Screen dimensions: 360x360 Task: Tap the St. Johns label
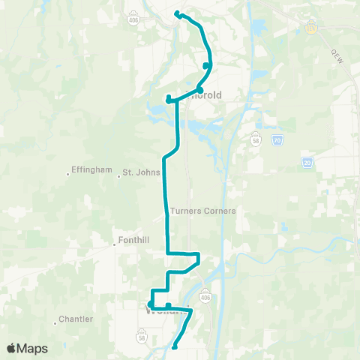[142, 173]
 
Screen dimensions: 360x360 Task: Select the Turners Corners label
[203, 211]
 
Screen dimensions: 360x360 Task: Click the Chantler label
[77, 319]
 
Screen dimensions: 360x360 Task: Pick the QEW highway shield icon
[310, 28]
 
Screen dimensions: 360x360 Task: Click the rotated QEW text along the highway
[336, 56]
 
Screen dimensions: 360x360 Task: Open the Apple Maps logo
[27, 349]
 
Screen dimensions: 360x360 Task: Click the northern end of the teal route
[177, 13]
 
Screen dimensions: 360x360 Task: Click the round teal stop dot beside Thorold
[200, 90]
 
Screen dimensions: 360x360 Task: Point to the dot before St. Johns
[119, 177]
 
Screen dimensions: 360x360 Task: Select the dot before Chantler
[55, 323]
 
